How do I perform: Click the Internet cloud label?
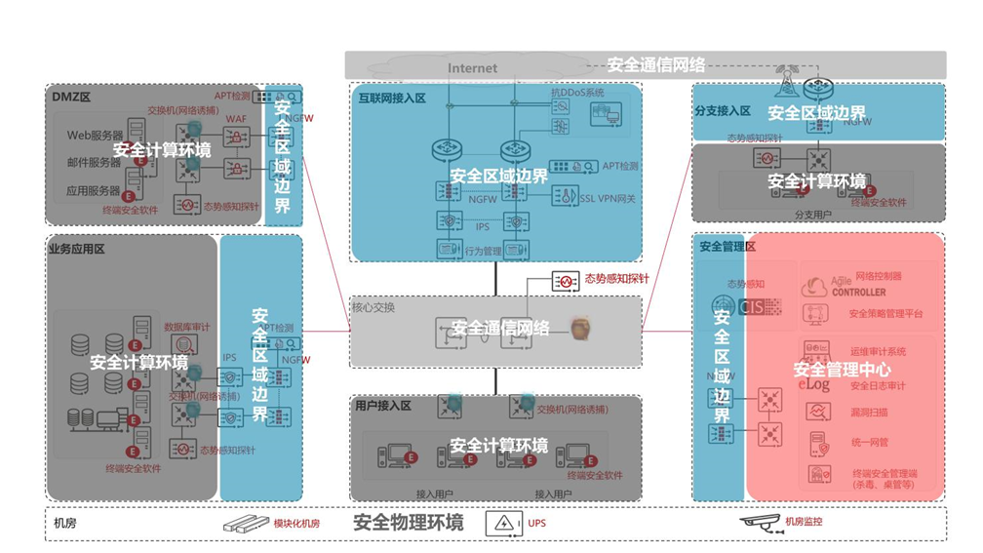pos(472,68)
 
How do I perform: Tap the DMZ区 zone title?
pos(69,95)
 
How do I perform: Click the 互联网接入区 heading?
pos(391,99)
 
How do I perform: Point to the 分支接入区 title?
pos(723,111)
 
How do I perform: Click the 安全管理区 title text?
pos(727,247)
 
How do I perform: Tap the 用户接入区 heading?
pos(383,406)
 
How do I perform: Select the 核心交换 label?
pos(374,307)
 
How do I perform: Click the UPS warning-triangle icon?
pos(503,524)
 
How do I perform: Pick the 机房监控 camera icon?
pos(760,522)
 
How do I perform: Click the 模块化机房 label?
pos(296,524)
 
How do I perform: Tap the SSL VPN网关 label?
pos(607,199)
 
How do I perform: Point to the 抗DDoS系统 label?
pos(577,92)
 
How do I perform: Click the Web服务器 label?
pos(95,135)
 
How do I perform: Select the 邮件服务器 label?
pos(95,163)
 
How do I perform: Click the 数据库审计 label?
pos(186,327)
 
